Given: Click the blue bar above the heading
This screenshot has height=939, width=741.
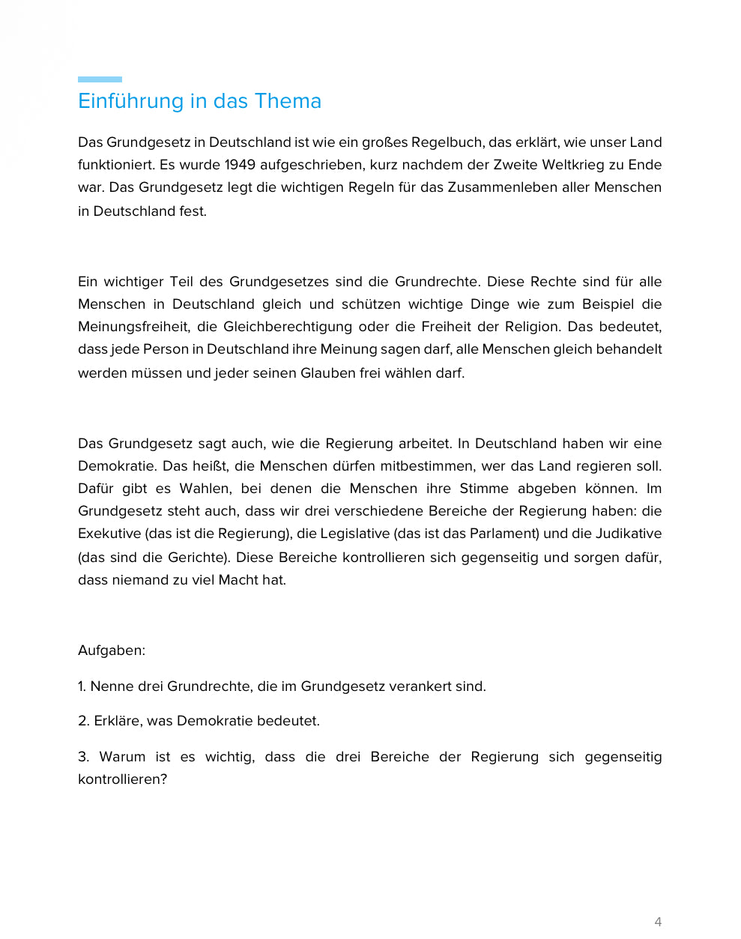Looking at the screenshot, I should (100, 79).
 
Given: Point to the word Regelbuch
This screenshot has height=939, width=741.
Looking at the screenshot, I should (447, 142).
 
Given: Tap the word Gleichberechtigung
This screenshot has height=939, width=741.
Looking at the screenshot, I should (288, 327).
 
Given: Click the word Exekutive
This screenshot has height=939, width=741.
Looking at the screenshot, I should (109, 534).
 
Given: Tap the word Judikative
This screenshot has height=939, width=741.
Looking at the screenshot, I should (629, 534).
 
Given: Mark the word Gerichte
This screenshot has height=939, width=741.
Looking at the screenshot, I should (199, 558).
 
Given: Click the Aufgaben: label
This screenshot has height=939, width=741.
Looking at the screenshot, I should (112, 650).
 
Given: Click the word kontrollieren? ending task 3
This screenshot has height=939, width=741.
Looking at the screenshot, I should (122, 779).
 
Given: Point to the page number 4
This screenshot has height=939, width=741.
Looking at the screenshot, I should (658, 922).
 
